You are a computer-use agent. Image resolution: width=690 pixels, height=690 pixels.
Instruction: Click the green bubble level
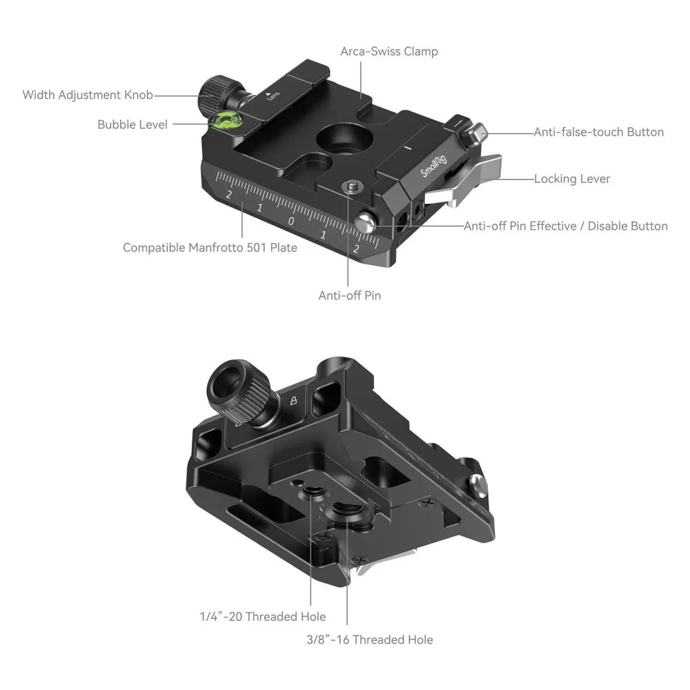tap(224, 121)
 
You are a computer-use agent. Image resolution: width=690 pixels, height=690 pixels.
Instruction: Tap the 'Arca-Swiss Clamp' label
tap(389, 52)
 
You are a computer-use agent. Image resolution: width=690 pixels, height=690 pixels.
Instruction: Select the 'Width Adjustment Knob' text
tap(88, 95)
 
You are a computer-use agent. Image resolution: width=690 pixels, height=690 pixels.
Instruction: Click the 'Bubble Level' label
tap(132, 124)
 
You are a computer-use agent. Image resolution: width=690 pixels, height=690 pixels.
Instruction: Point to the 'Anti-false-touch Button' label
tap(598, 132)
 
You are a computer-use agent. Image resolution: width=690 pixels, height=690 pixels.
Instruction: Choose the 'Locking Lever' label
tap(572, 179)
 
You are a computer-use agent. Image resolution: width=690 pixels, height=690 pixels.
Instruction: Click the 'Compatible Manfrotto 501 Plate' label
tap(210, 248)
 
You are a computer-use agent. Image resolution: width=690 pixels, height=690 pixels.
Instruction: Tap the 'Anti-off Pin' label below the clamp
tap(350, 295)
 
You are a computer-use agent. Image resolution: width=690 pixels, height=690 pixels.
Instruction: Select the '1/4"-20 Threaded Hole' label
tap(263, 616)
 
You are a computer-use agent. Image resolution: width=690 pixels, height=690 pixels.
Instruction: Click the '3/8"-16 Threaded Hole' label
tap(370, 640)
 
